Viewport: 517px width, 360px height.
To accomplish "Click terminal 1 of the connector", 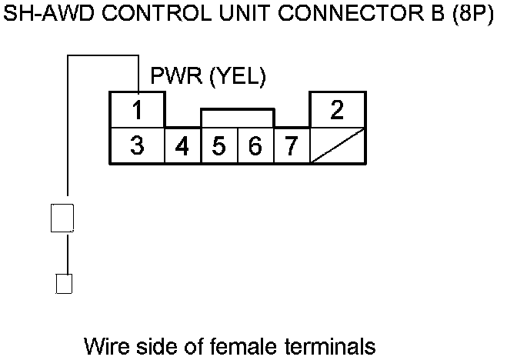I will coord(137,110).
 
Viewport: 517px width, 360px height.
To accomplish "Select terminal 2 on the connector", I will coord(336,110).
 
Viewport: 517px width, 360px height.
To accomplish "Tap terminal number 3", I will coord(137,145).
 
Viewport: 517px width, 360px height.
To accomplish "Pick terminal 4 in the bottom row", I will coord(182,145).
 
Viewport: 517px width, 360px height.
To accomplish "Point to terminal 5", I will coord(218,145).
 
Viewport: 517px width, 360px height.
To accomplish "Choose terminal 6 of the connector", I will coord(255,145).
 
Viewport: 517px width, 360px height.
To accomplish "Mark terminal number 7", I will coord(291,145).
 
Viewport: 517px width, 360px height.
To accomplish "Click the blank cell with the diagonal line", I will coord(337,145).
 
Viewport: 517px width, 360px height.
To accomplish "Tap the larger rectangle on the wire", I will coord(62,218).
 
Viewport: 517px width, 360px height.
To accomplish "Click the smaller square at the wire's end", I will coord(65,283).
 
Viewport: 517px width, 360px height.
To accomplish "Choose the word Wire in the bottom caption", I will coord(109,345).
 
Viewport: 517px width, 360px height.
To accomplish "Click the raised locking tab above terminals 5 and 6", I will coord(237,118).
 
